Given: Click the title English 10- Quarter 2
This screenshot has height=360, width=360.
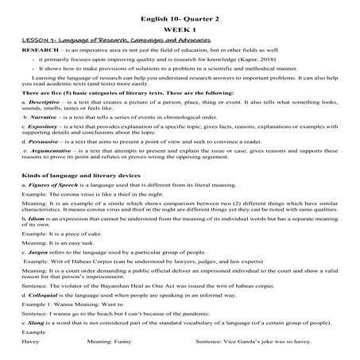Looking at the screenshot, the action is (x=180, y=8).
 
